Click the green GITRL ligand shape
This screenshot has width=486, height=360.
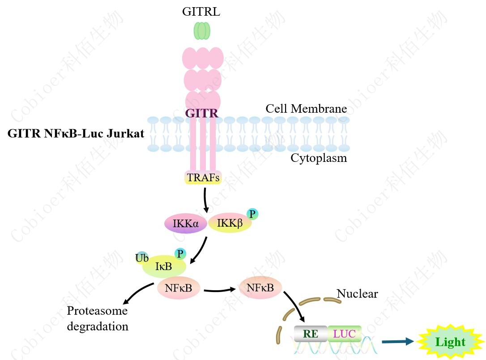pos(201,31)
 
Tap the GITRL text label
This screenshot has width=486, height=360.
pos(201,12)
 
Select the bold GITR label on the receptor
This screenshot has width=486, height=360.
pos(202,113)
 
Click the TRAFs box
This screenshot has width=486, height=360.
pos(204,178)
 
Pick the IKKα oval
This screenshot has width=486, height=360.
pos(185,223)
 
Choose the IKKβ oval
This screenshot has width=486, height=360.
pos(230,223)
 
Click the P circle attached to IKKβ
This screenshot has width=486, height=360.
pos(252,214)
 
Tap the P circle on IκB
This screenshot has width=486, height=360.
pos(180,254)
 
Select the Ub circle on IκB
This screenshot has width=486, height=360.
pos(142,258)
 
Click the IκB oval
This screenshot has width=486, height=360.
pos(164,267)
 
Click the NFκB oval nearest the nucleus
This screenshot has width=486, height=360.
pos(260,288)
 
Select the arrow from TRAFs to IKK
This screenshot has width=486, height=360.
pos(205,199)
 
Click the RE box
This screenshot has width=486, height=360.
pos(311,334)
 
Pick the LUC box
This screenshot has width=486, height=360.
pos(344,334)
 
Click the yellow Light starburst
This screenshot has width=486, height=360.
pos(451,342)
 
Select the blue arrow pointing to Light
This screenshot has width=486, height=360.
pos(397,342)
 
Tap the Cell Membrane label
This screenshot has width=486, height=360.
pos(306,109)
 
